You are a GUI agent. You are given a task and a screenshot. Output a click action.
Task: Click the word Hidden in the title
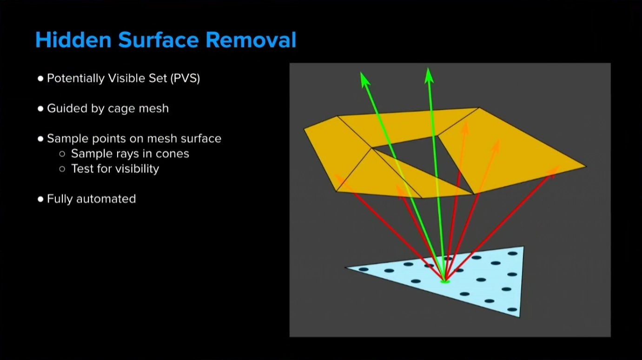tap(73, 40)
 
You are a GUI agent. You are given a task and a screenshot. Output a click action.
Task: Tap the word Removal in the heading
tap(251, 40)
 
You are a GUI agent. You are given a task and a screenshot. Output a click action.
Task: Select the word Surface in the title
tap(159, 40)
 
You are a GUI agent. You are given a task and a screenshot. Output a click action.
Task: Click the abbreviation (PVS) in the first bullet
tap(185, 78)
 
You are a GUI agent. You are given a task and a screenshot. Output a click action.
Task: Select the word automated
tap(106, 199)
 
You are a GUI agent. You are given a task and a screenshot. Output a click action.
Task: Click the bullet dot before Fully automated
tap(40, 199)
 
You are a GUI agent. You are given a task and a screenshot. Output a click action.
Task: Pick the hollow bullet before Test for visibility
tap(62, 169)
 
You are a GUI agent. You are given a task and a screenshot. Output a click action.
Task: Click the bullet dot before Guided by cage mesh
tap(40, 109)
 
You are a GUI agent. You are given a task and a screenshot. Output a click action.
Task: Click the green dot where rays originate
tap(445, 282)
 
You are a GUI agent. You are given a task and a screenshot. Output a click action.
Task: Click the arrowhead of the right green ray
tap(429, 76)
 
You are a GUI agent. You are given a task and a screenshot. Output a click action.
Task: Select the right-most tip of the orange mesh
tap(586, 167)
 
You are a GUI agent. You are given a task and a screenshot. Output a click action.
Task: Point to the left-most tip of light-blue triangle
tap(345, 267)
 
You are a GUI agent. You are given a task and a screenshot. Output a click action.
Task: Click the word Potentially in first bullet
tap(76, 78)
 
